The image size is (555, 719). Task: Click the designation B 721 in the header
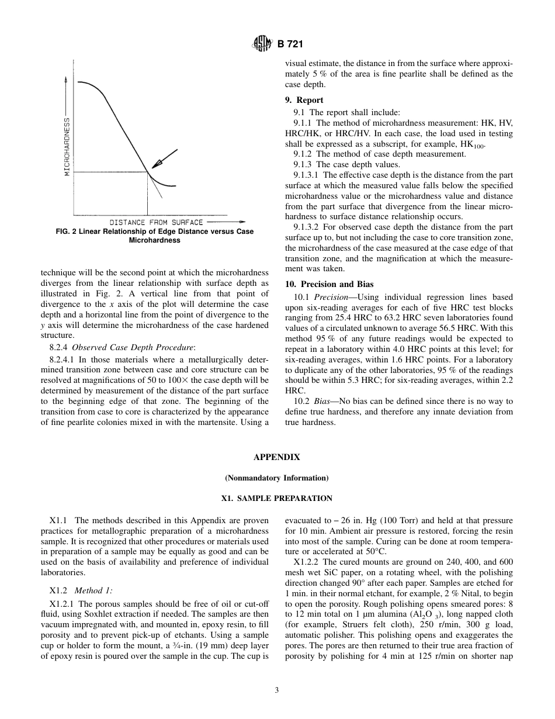[x=290, y=44]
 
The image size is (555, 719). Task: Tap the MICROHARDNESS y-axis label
[x=67, y=146]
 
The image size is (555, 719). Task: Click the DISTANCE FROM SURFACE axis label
[x=156, y=222]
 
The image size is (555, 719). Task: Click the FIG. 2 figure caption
[x=154, y=236]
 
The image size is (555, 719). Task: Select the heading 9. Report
[x=304, y=100]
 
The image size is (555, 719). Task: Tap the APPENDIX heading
[x=277, y=458]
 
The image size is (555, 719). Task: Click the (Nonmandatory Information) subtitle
[x=277, y=478]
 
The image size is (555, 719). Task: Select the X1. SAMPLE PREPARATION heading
[x=277, y=499]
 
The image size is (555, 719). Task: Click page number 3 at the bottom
[x=277, y=690]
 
